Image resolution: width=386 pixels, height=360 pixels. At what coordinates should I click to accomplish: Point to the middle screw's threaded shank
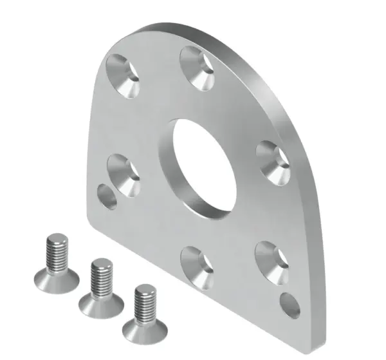click(x=101, y=274)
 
